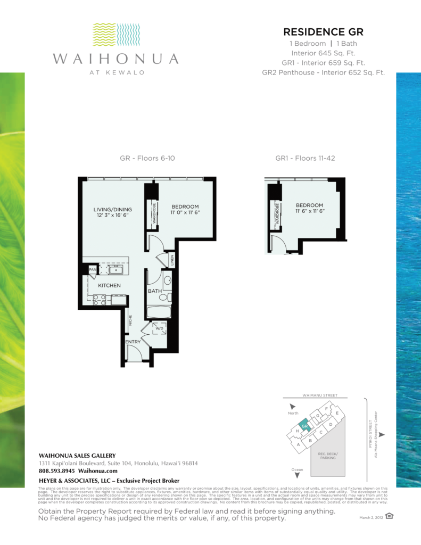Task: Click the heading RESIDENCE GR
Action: pos(323,32)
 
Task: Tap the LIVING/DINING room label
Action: pos(112,210)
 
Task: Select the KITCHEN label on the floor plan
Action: pos(109,286)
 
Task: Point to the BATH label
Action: pos(154,291)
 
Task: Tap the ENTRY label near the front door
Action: pos(133,342)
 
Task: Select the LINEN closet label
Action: pos(172,260)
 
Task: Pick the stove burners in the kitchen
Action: pos(100,300)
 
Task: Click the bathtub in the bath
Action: pos(159,311)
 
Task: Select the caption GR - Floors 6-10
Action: pos(147,158)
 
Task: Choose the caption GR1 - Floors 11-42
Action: pos(304,158)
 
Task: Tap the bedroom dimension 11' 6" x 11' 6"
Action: pos(309,211)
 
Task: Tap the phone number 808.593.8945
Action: pos(57,471)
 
